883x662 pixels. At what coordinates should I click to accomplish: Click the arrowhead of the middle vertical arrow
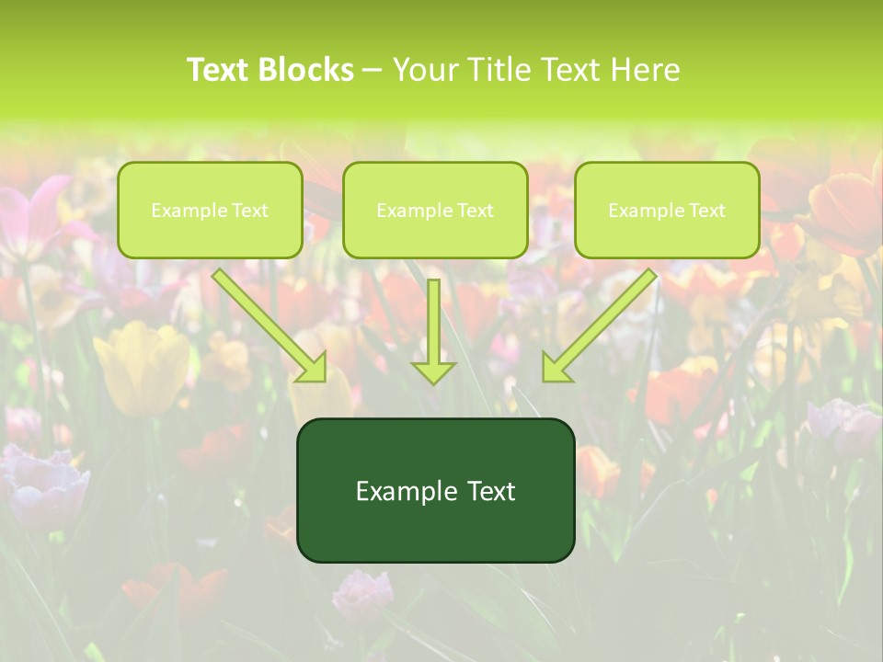click(433, 372)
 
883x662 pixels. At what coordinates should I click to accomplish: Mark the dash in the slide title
click(373, 70)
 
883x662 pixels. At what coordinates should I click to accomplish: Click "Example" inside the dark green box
click(402, 491)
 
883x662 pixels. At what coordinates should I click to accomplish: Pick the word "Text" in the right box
click(706, 211)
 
